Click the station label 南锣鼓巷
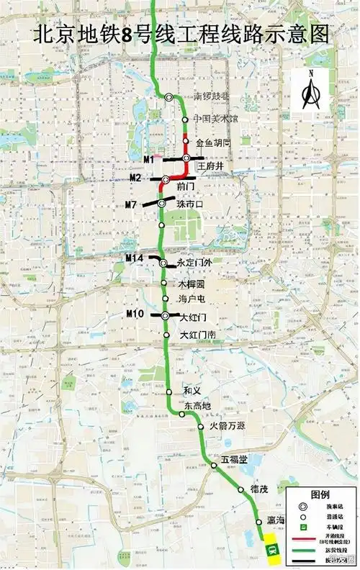[215, 96]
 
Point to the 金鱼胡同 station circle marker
[185, 142]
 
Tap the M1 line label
[149, 158]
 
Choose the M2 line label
[135, 178]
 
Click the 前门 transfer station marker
[165, 179]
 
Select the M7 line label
[131, 205]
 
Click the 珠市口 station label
[190, 204]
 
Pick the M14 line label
[135, 258]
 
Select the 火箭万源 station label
[227, 426]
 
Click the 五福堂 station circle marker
[215, 466]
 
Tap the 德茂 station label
[259, 489]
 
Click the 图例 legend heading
[320, 494]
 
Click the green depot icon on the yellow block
[272, 549]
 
